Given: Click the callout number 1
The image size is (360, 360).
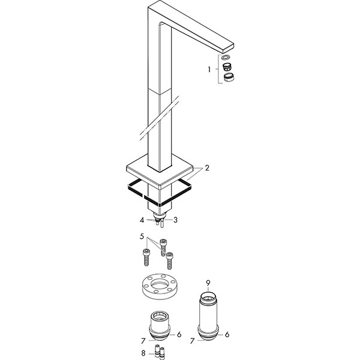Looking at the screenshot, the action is pyautogui.click(x=209, y=70).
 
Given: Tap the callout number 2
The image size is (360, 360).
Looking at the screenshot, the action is pyautogui.click(x=207, y=168).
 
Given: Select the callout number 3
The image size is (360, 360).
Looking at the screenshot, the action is pyautogui.click(x=175, y=220).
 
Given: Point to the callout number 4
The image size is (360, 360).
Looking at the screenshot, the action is pyautogui.click(x=142, y=220).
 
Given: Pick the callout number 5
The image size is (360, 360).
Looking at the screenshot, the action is pyautogui.click(x=142, y=236).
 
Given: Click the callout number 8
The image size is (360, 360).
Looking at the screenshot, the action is pyautogui.click(x=143, y=353).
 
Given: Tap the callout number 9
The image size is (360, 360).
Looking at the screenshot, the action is pyautogui.click(x=208, y=283).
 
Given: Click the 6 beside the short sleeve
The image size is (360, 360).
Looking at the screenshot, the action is pyautogui.click(x=179, y=335).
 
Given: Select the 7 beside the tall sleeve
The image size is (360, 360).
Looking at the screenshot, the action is pyautogui.click(x=193, y=341).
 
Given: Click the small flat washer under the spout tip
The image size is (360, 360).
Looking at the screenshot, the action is pyautogui.click(x=226, y=57).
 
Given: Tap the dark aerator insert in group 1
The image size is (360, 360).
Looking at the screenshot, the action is pyautogui.click(x=227, y=67).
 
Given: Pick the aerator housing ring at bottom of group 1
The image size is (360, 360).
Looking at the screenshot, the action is pyautogui.click(x=229, y=77).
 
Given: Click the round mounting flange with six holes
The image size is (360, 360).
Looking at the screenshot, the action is pyautogui.click(x=160, y=287).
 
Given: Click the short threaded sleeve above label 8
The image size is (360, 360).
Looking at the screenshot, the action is pyautogui.click(x=160, y=326).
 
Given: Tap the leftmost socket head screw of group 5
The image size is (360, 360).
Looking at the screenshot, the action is pyautogui.click(x=146, y=257).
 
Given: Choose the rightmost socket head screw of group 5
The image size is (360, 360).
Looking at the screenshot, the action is pyautogui.click(x=169, y=260).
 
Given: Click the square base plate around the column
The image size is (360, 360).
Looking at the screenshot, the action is pyautogui.click(x=160, y=172).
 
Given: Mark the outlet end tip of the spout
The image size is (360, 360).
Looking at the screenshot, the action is pyautogui.click(x=233, y=46).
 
